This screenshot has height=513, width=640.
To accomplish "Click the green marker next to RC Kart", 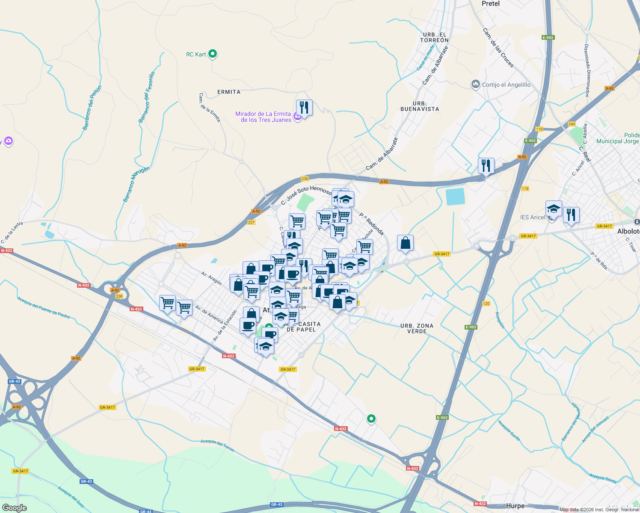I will tap(213, 54).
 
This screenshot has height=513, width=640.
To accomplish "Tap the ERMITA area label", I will tap(229, 92).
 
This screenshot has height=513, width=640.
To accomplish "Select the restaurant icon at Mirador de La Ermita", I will tap(304, 107).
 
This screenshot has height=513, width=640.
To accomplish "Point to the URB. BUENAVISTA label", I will tap(420, 106).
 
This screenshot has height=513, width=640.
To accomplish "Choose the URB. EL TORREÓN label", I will tap(434, 38).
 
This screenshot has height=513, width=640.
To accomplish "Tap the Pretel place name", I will tap(490, 3).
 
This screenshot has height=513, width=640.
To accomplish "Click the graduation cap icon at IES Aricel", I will tap(554, 209).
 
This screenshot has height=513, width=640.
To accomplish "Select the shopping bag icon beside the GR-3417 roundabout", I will tap(405, 243).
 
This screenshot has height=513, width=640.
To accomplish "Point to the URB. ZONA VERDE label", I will tap(417, 328).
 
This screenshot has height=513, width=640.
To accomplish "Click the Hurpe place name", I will tap(515, 506).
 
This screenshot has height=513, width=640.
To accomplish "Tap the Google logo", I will tap(14, 507).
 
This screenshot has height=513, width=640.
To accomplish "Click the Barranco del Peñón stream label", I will tap(92, 108).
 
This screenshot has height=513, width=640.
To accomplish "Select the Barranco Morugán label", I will tap(136, 184).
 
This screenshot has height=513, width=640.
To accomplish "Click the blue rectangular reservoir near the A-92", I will tap(455, 197).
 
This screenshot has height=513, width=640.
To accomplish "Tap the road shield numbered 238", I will tap(305, 179).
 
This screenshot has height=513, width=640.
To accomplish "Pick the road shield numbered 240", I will tap(572, 124).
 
